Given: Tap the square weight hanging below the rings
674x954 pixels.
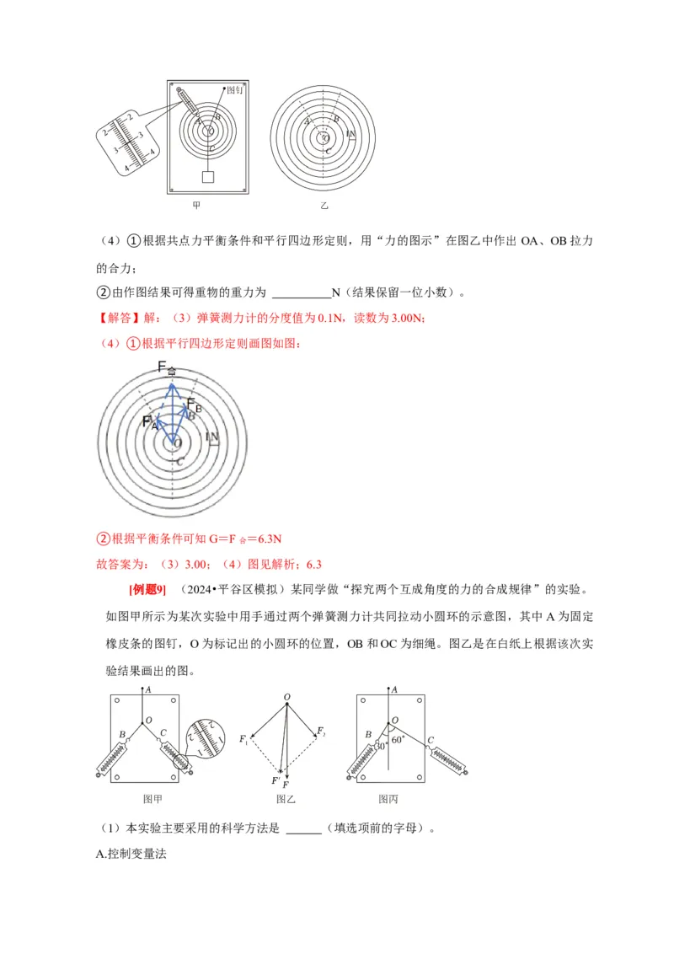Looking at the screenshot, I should coord(207,177).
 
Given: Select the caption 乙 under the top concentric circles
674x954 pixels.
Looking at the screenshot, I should coord(324,205).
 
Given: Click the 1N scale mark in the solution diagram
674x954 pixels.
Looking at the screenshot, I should coord(212,438).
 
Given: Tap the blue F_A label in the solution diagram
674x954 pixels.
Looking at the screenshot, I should coord(149,422).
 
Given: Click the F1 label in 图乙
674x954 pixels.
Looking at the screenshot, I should coord(243,741).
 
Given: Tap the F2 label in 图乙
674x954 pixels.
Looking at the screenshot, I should coord(321,730).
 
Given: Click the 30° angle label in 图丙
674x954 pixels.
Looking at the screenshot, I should coord(381,746).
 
